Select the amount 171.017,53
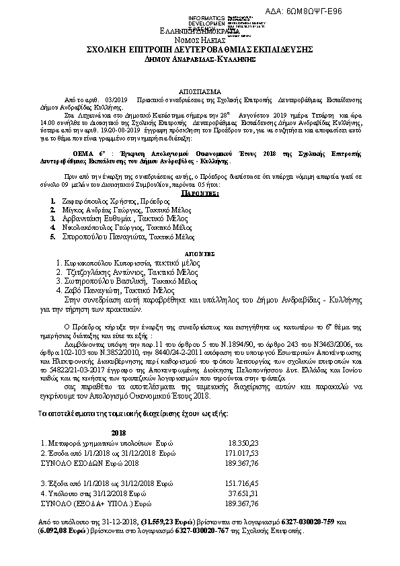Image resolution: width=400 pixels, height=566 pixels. tap(241, 454)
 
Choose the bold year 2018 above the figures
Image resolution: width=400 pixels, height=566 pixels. tap(119, 433)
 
